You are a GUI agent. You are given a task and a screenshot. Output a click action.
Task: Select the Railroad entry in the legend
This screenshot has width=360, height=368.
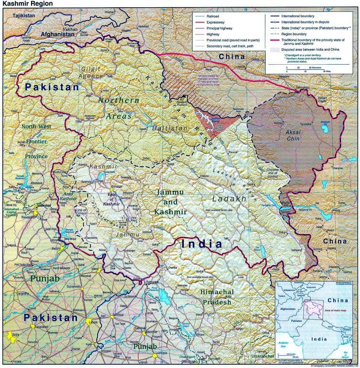[x=213, y=16]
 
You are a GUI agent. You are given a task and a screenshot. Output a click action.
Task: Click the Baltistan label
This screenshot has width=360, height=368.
[x=166, y=128]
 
